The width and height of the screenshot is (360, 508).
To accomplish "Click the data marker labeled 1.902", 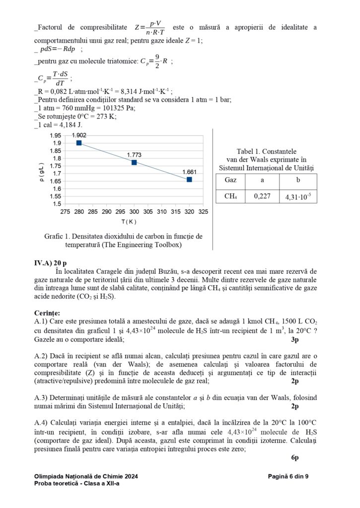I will click(79, 143).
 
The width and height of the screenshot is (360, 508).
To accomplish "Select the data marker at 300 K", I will click(134, 162).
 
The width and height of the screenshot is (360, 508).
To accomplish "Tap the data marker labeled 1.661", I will click(189, 179).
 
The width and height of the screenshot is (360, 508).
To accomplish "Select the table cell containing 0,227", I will click(262, 196).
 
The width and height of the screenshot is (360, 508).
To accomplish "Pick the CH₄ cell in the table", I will click(230, 196).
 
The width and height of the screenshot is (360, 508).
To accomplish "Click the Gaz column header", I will click(230, 180).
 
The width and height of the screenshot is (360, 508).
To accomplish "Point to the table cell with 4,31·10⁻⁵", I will click(298, 196).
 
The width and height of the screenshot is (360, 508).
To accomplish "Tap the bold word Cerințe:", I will click(47, 313).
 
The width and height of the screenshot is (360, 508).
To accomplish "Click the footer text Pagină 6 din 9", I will click(288, 476).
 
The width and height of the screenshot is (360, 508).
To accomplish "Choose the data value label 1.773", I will click(134, 154).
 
